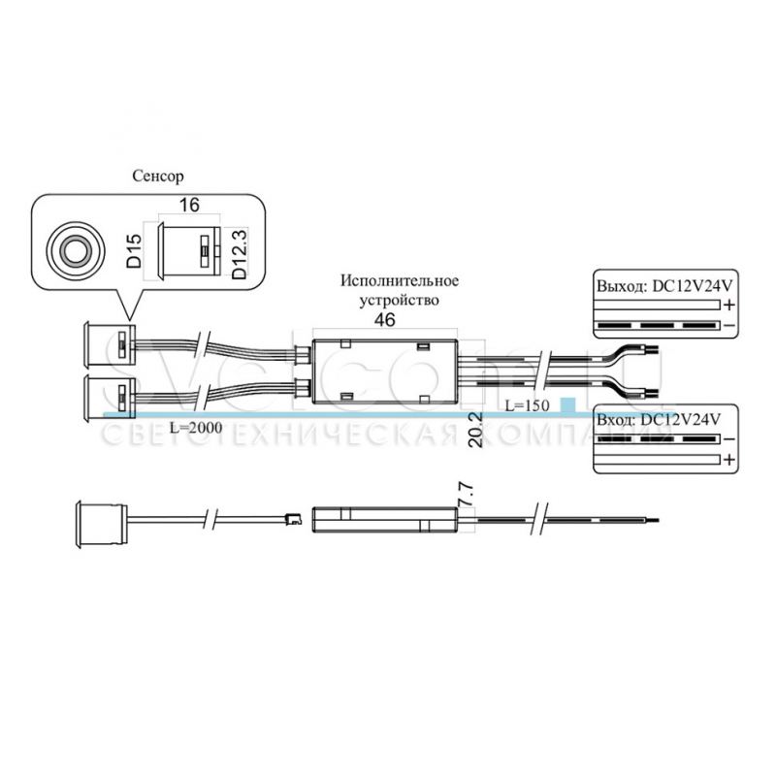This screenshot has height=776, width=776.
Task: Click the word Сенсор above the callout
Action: point(156,176)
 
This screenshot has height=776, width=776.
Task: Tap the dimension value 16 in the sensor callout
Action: point(190,206)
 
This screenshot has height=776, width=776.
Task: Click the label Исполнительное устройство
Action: point(399,290)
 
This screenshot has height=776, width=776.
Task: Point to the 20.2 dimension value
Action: point(473,427)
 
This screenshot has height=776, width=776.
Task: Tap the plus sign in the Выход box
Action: point(727,305)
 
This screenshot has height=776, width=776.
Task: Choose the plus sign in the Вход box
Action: point(727,459)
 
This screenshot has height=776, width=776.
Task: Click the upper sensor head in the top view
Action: point(104,344)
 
